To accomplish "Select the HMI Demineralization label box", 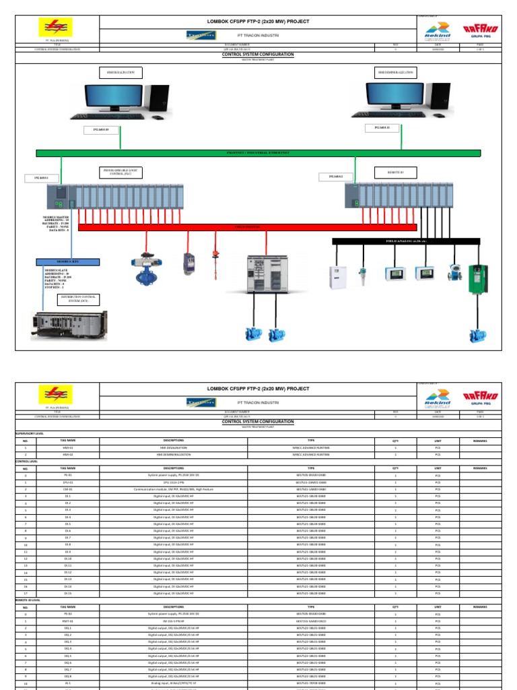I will tap(396, 72).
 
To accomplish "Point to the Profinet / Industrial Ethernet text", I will tap(258, 153).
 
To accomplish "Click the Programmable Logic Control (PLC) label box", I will tap(122, 173).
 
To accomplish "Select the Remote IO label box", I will tap(395, 173).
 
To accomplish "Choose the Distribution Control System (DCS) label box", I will tap(78, 299).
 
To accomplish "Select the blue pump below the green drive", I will tap(477, 335).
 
